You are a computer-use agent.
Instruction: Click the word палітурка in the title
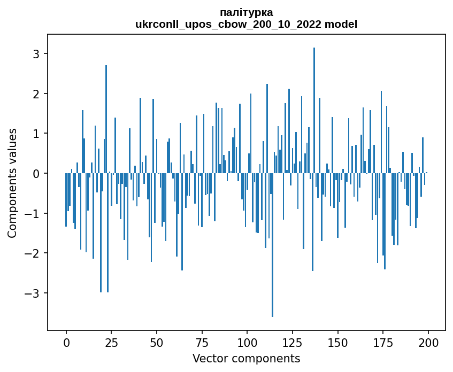click(x=246, y=12)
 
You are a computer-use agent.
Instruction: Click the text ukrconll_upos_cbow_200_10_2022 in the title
click(x=232, y=24)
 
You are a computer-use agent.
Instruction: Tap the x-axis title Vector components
click(x=246, y=358)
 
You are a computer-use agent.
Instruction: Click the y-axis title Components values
click(x=12, y=183)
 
